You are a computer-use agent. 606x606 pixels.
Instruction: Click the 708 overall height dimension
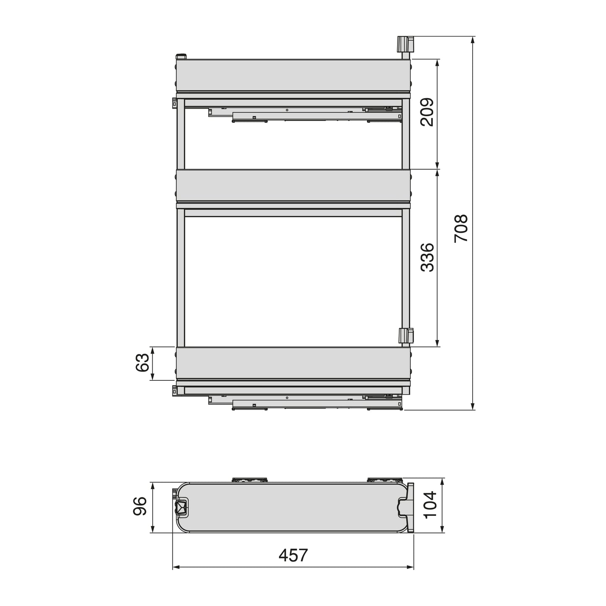point(461,228)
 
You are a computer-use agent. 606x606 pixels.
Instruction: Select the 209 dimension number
point(427,112)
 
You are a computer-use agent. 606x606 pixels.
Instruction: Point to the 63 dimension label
point(143,363)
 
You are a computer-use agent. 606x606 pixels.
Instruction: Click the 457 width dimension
point(293,555)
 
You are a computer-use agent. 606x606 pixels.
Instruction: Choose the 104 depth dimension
point(431,505)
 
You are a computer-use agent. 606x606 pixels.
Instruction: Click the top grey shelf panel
point(292,75)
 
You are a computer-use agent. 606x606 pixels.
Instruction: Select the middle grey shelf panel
point(292,185)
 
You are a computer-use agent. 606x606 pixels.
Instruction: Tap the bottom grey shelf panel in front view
point(292,363)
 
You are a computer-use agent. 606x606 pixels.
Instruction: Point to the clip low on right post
point(405,336)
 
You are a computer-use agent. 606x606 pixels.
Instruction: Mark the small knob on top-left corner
point(181,56)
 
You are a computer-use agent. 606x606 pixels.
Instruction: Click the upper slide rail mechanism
point(305,114)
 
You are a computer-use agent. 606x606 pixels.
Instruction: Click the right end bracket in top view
point(407,508)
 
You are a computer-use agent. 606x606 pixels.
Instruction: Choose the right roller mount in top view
point(385,480)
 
